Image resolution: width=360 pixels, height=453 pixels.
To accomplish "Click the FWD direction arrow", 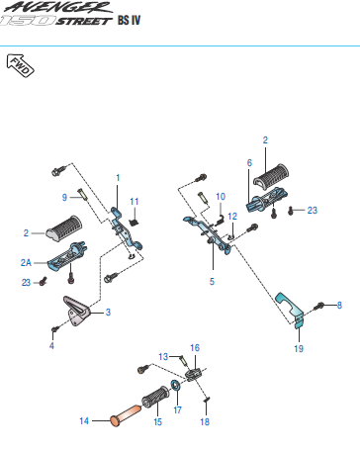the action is [20, 65].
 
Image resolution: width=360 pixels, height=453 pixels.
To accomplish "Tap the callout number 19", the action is [299, 348].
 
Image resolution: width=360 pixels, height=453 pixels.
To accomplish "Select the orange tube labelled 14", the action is [125, 415].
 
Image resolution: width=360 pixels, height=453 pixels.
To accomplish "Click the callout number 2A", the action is [26, 262].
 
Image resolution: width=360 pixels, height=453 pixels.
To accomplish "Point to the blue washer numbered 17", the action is [175, 385].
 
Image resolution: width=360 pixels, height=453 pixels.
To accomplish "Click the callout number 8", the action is [339, 305].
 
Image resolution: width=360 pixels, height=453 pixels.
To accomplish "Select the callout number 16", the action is [195, 348].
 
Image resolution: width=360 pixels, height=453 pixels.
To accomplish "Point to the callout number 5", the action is [212, 281].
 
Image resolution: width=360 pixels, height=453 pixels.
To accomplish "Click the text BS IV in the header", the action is [129, 21].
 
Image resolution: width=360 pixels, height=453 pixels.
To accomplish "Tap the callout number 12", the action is [232, 217].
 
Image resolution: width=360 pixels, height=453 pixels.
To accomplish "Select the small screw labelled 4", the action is [55, 328].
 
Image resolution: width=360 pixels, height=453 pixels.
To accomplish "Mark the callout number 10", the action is [221, 197].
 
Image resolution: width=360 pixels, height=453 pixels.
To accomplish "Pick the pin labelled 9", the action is [83, 194].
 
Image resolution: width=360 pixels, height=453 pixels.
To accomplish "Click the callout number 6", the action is [249, 163].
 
